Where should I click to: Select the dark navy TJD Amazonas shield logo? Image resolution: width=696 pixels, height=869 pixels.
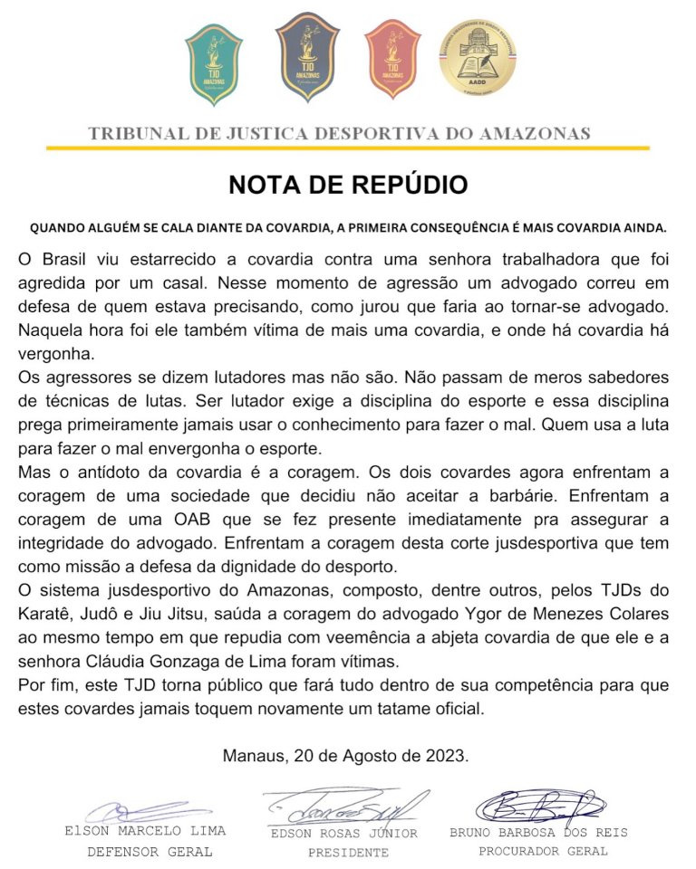[x=307, y=61]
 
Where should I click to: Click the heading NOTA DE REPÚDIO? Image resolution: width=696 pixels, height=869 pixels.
[x=348, y=185]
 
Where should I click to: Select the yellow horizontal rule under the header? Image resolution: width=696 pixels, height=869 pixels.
[x=348, y=148]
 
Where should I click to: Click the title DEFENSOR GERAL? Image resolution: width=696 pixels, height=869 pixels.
[x=150, y=852]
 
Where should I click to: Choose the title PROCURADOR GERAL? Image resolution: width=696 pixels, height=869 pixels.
[x=543, y=851]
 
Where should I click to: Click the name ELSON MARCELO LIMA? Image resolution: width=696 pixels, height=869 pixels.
[x=145, y=831]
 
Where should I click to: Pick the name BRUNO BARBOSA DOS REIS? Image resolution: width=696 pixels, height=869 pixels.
[x=538, y=832]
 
